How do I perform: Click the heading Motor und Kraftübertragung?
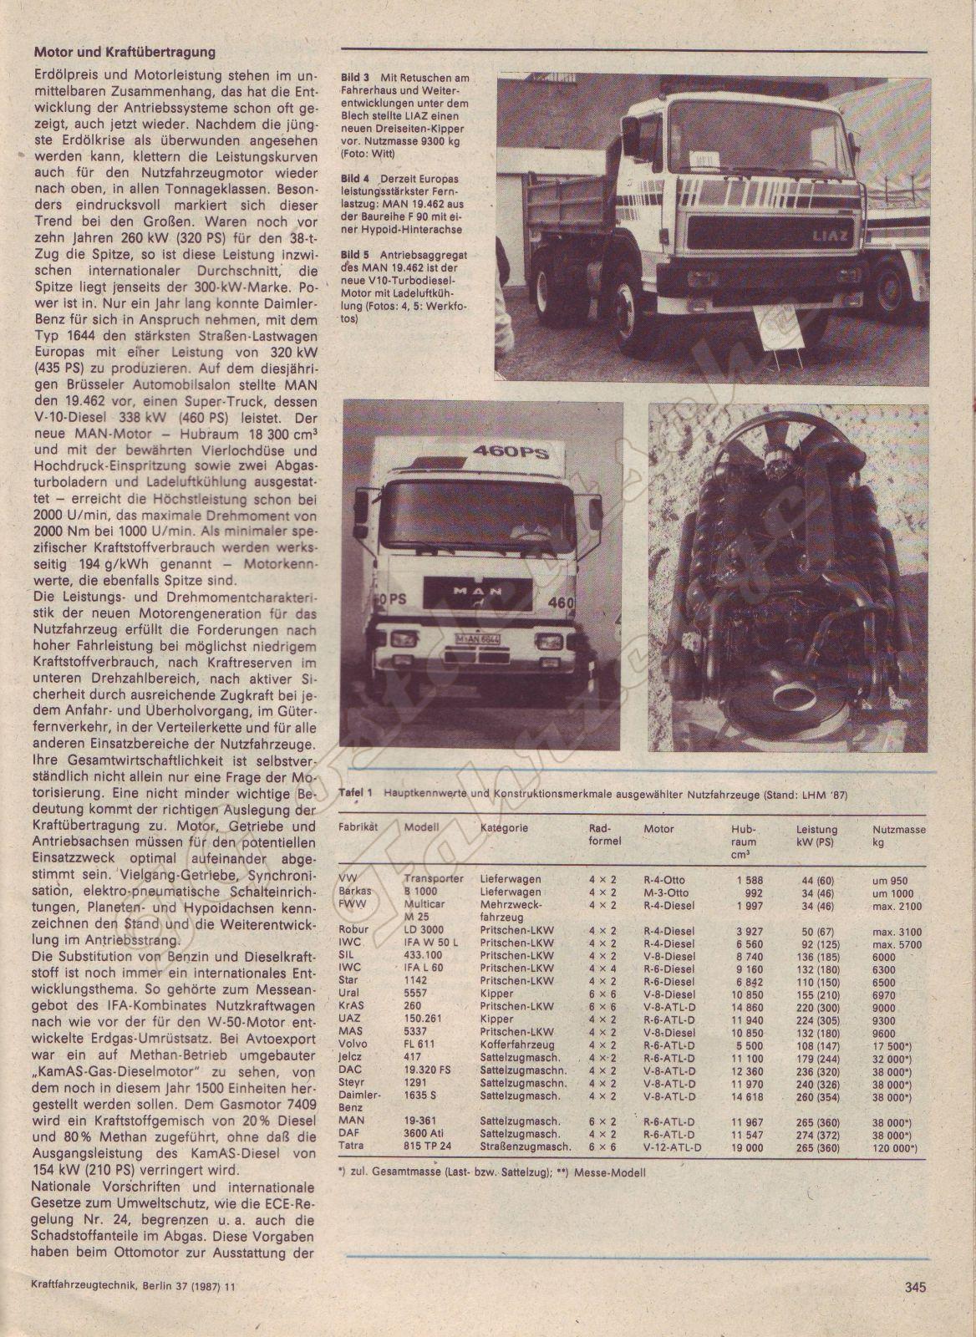click(x=125, y=52)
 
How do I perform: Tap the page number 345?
click(x=914, y=1288)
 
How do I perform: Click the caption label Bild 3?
click(x=355, y=78)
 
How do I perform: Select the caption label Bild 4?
click(x=355, y=179)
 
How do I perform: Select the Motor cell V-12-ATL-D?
click(x=673, y=1147)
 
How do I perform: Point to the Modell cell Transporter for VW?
click(x=434, y=880)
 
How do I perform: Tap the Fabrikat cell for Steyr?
click(x=351, y=1083)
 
